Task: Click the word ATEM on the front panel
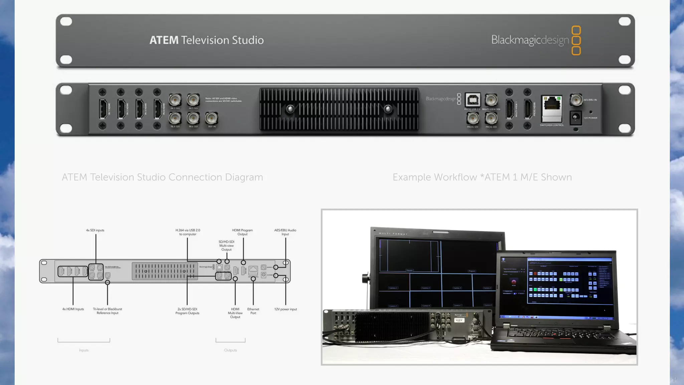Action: coord(164,40)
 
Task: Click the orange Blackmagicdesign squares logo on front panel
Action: coord(576,40)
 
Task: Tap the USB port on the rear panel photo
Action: coord(473,100)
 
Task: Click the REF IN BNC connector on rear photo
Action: coord(211,118)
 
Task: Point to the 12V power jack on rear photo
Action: coord(576,117)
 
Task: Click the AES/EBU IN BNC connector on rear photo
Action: coord(576,100)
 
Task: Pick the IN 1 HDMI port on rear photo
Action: coord(103,109)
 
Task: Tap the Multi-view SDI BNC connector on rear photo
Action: coord(491,100)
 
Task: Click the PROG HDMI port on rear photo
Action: coord(528,109)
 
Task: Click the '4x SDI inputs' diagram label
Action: coord(95,230)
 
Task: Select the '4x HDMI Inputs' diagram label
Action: coord(73,309)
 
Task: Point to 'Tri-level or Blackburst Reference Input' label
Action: coord(108,311)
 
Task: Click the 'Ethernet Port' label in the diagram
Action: coord(253,311)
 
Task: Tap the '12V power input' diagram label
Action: coord(286,309)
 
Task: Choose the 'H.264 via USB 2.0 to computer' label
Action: coord(188,232)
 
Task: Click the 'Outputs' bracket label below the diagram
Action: coord(230,350)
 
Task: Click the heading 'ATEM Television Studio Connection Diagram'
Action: coord(162,177)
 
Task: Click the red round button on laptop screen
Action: coord(514,282)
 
